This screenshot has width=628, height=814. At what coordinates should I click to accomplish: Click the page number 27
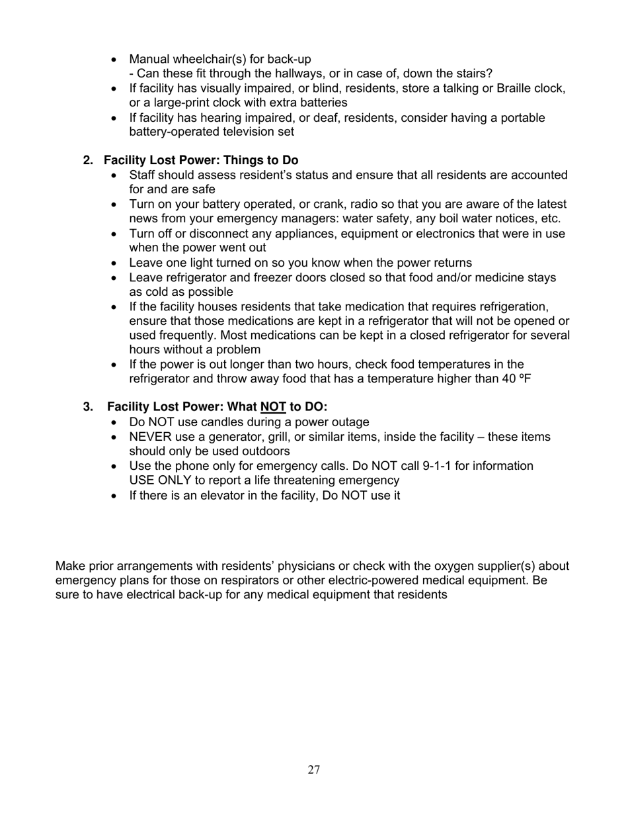314,769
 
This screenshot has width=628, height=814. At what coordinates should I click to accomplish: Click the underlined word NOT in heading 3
273,406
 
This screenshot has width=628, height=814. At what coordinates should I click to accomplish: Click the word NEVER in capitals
150,437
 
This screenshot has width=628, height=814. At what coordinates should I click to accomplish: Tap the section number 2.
88,160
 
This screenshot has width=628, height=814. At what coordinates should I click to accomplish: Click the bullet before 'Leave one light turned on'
116,263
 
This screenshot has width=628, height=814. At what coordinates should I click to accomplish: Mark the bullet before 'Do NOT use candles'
116,422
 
